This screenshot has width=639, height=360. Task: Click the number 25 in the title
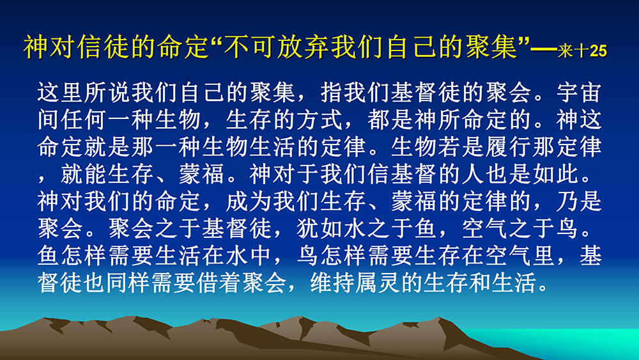tap(598, 51)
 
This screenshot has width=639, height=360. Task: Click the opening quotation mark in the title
tap(216, 40)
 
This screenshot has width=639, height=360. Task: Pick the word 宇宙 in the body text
tap(579, 93)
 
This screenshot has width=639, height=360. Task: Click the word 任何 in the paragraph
tap(84, 120)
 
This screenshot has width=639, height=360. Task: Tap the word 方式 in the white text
tap(320, 120)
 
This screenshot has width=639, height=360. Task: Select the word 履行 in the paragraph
tap(508, 147)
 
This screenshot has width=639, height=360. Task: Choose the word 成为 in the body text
tap(249, 201)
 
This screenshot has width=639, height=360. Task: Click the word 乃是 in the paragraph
tap(579, 201)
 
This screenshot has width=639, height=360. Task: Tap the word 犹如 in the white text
tap(320, 228)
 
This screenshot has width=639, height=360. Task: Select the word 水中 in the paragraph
tap(249, 256)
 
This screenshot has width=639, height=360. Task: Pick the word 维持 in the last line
tap(332, 283)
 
